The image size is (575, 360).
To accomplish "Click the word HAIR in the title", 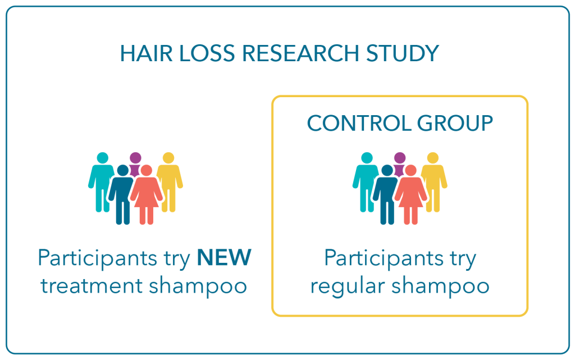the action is tap(147, 53).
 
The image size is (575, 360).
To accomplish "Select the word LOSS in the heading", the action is tap(207, 53).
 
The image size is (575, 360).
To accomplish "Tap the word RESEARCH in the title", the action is tap(300, 53).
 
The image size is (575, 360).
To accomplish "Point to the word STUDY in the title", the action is tap(402, 53).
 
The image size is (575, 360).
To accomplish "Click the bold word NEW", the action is tap(224, 257).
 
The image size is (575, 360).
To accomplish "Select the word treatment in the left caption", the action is tap(92, 285).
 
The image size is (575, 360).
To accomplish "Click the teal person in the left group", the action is tap(102, 182).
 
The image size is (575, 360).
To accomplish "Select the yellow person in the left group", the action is tap(170, 182).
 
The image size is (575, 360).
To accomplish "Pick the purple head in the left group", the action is tap(135, 158).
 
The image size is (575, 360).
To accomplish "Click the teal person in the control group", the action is tap(366, 182).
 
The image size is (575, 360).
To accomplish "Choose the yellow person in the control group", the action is tap(434, 182).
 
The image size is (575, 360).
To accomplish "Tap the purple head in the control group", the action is tap(400, 158).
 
